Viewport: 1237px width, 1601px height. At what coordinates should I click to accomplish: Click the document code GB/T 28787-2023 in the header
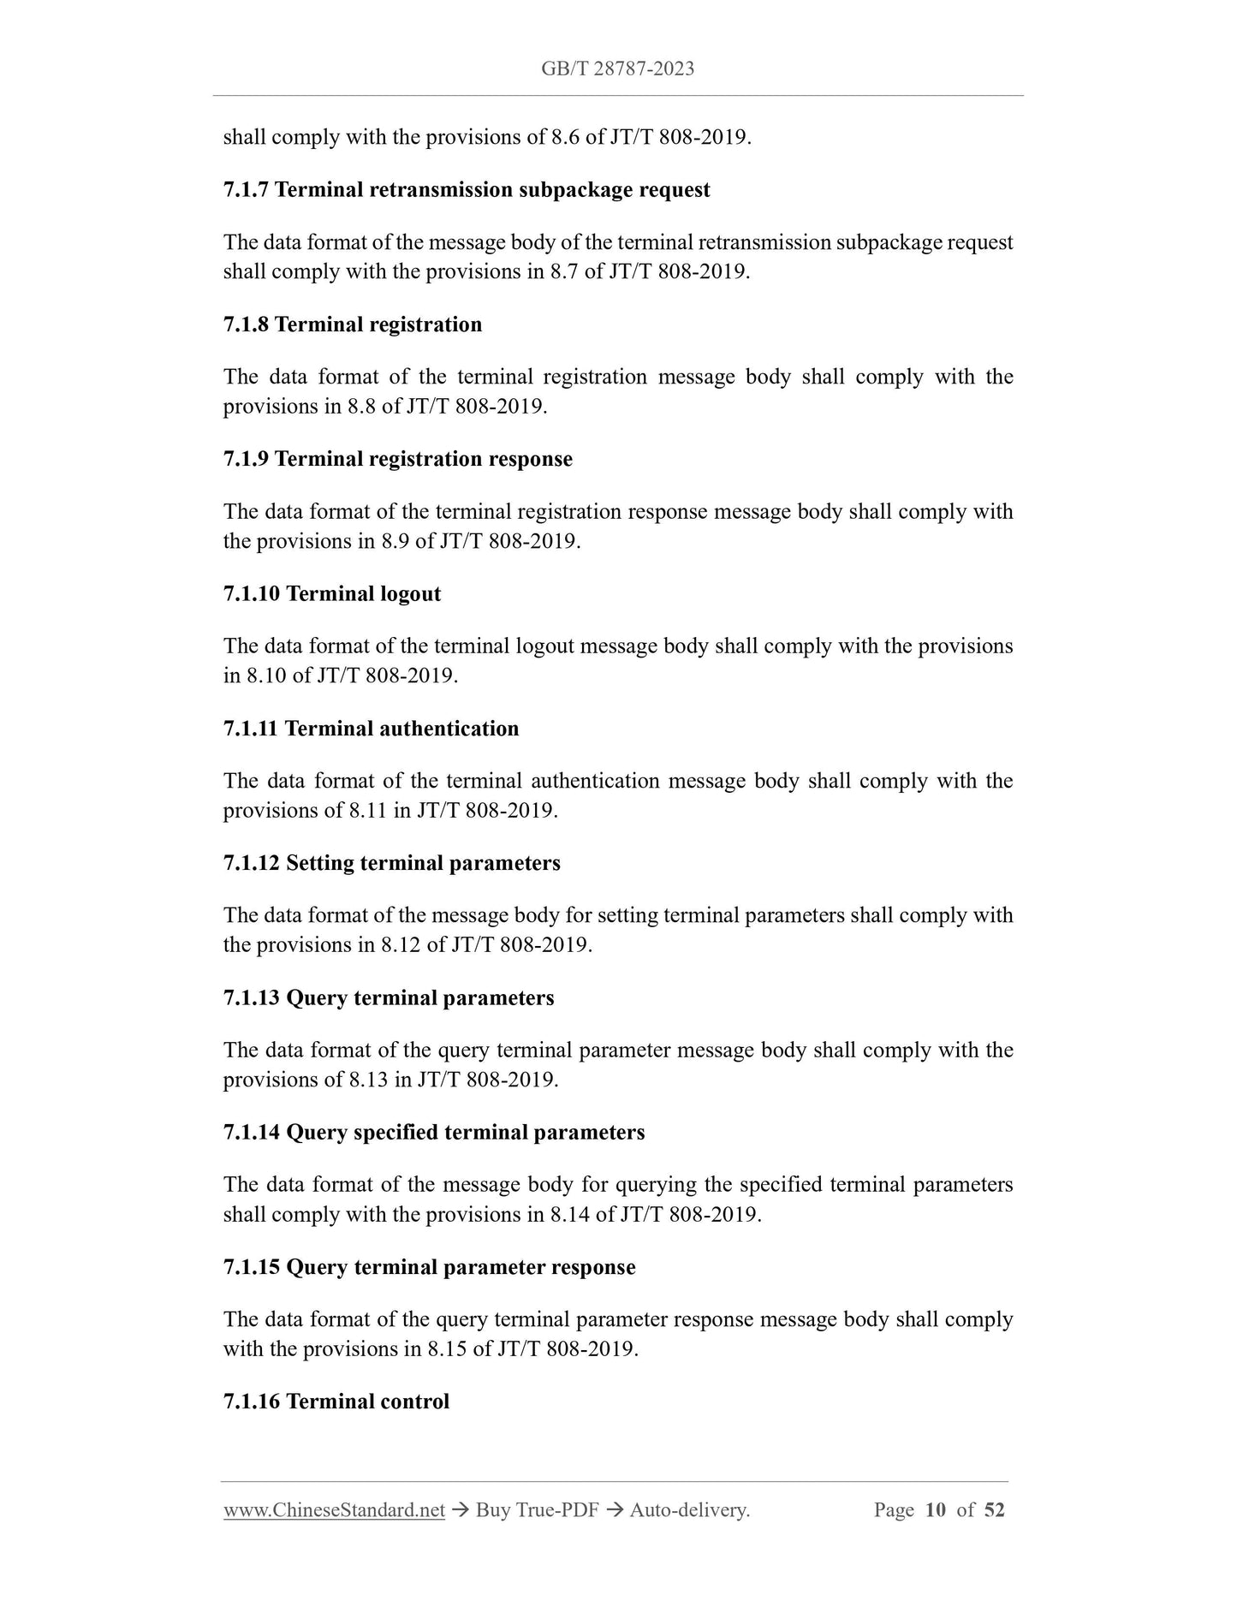coord(617,69)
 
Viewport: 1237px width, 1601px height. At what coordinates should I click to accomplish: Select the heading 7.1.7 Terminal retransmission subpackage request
coord(467,190)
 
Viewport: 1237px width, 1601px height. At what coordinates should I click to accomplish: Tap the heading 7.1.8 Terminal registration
coord(353,324)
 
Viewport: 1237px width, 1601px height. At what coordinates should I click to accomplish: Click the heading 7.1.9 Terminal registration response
coord(398,459)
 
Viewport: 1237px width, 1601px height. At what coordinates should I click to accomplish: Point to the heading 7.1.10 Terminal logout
coord(332,593)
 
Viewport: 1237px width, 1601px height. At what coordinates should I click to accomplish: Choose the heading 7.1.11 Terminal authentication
coord(372,729)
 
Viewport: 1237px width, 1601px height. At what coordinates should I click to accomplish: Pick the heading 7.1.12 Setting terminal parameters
coord(392,863)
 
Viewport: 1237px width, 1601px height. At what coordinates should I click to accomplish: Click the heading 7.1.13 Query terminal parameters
coord(389,998)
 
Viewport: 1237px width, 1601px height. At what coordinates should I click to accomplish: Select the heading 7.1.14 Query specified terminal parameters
coord(434,1133)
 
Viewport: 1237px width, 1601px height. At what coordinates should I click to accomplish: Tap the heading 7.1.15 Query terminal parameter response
coord(430,1267)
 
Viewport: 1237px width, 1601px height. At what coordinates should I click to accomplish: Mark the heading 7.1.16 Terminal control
coord(336,1402)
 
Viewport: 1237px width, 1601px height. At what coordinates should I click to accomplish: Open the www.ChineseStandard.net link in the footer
coord(334,1510)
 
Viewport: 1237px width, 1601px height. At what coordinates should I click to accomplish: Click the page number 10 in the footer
coord(936,1510)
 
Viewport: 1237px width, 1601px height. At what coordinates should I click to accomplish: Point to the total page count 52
coord(994,1510)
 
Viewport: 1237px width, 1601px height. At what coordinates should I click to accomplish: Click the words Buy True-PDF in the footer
coord(537,1510)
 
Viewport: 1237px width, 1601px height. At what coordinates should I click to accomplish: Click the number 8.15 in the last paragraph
coord(448,1349)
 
